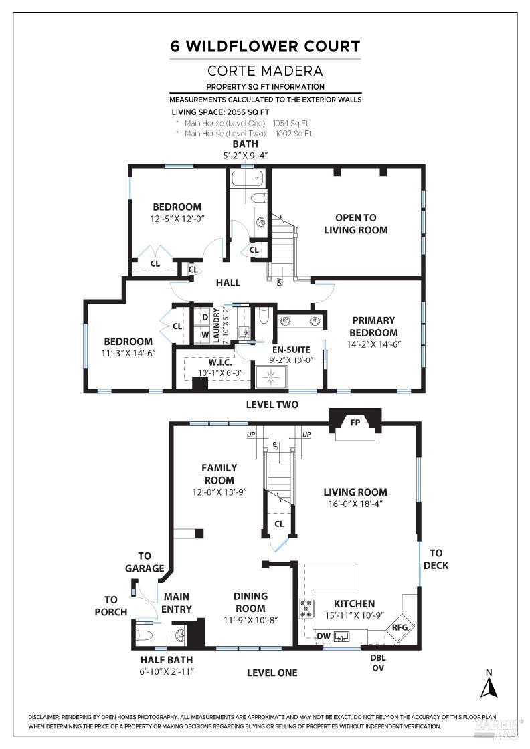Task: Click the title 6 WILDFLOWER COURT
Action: tap(265, 46)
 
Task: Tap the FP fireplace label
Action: tap(355, 422)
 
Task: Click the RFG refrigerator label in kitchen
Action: tap(400, 627)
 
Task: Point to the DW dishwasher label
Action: tap(323, 636)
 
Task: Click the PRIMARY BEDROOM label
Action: tap(373, 326)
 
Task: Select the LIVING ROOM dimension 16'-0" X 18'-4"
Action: tap(355, 504)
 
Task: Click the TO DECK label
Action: tap(436, 559)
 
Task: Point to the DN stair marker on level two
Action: tap(279, 282)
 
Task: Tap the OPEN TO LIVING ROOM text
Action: tap(355, 223)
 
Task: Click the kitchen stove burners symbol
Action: tap(305, 608)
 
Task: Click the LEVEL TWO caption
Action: tap(272, 405)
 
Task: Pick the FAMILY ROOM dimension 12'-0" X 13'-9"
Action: tap(218, 492)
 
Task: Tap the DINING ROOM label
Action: tap(250, 602)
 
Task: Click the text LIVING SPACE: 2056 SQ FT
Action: tap(220, 112)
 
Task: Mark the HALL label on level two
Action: tap(228, 283)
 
